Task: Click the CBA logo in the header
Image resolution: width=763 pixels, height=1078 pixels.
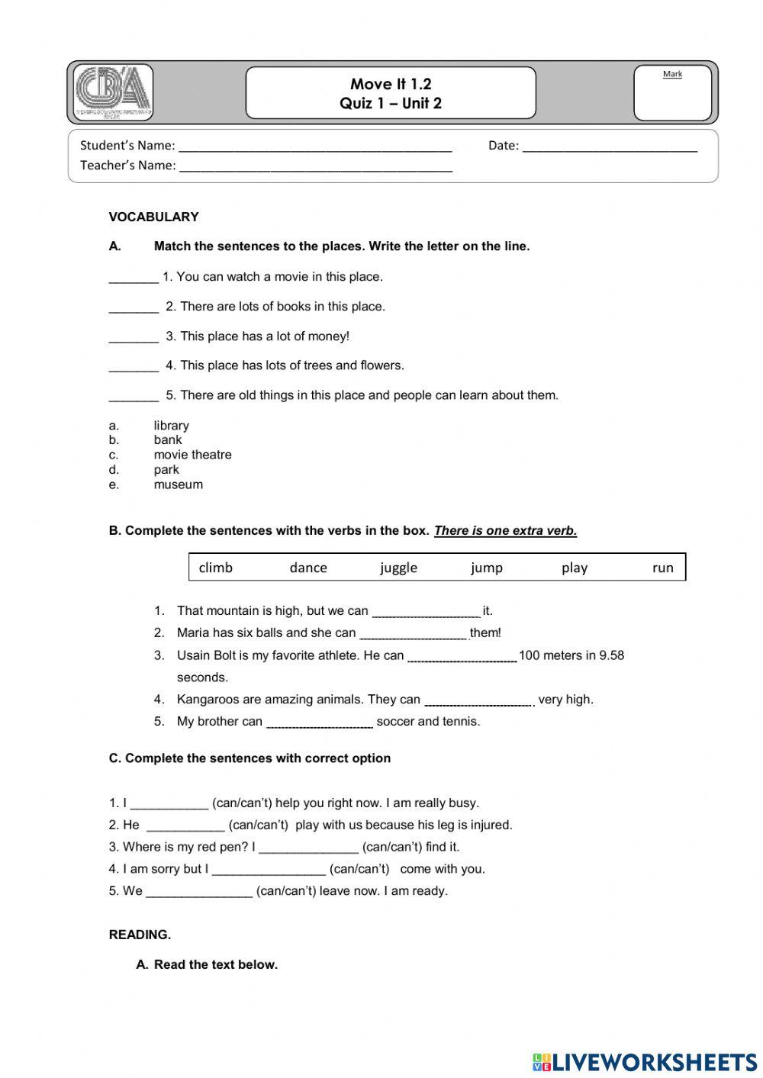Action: (x=114, y=92)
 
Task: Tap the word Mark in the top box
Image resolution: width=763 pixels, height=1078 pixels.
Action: (x=672, y=74)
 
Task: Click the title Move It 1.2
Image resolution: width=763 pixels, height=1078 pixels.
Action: (x=391, y=84)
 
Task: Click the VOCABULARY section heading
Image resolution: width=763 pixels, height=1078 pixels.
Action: (x=153, y=217)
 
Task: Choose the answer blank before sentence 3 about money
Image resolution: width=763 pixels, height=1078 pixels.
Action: (x=134, y=337)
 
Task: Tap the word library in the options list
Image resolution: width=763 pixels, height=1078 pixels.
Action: (x=171, y=426)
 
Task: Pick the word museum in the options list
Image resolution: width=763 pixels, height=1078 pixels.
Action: (x=178, y=484)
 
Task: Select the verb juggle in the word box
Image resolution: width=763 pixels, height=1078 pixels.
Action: (x=398, y=568)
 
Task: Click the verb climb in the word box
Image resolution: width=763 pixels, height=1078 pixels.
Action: (x=215, y=568)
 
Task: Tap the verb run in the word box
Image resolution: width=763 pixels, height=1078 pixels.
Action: (x=662, y=568)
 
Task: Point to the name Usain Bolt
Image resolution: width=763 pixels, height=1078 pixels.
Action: (x=205, y=655)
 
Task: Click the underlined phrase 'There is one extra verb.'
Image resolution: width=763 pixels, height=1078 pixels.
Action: (x=505, y=531)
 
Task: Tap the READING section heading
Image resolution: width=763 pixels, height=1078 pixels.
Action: (x=140, y=935)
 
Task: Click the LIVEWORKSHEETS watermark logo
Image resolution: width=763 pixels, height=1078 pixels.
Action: (x=644, y=1061)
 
